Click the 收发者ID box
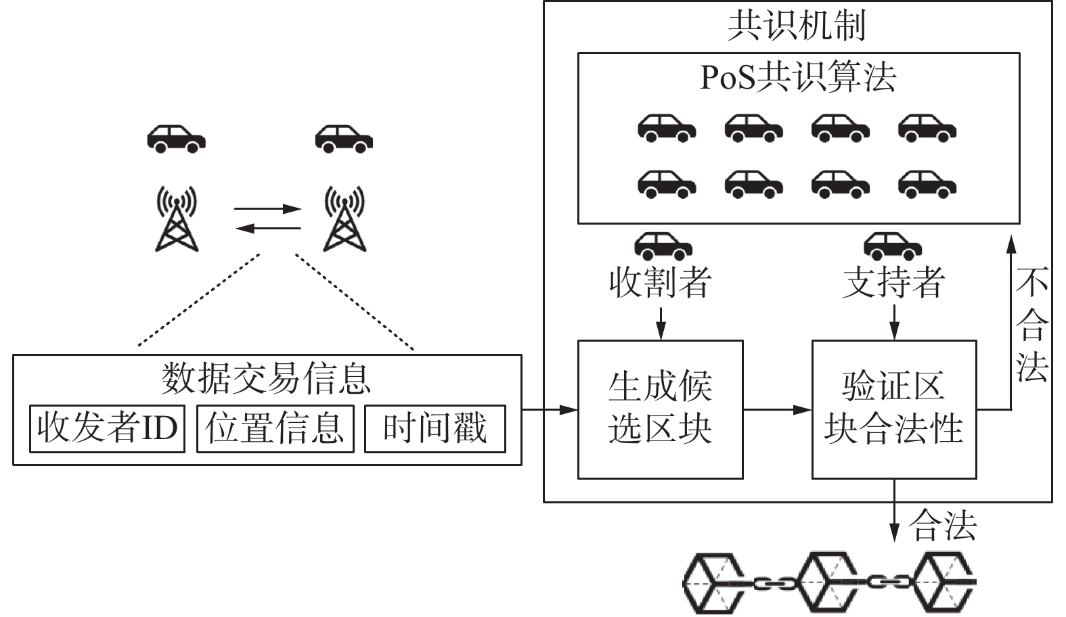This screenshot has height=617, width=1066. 107,429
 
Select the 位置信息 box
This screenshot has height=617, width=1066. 275,429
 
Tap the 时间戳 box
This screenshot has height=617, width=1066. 435,429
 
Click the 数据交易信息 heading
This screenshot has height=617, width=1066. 266,379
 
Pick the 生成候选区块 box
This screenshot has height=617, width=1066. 661,409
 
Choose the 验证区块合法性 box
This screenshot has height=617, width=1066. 894,409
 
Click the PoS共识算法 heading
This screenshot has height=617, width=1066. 799,77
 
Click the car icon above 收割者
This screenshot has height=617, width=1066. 663,246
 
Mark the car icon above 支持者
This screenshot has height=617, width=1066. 893,246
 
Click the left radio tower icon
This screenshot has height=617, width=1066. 177,219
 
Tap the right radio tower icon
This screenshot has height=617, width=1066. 345,219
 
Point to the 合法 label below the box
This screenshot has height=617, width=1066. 942,525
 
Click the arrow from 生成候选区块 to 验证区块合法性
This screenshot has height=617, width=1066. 778,409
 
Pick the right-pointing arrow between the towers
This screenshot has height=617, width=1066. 267,209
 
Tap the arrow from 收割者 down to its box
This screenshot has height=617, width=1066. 661,323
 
